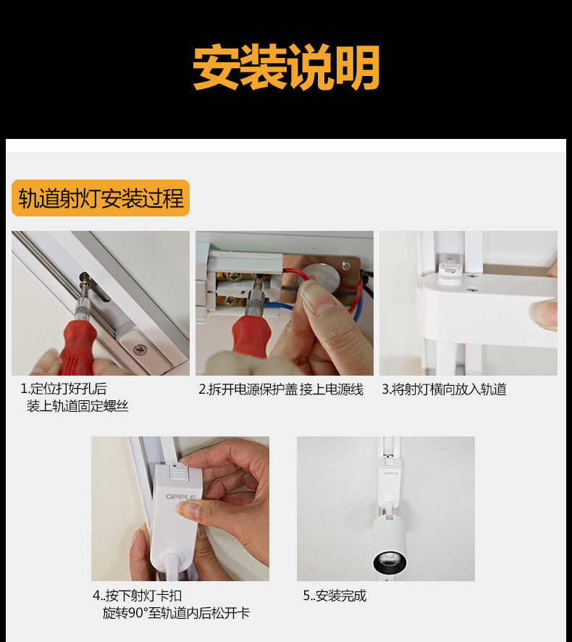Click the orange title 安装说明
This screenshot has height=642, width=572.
pyautogui.click(x=286, y=67)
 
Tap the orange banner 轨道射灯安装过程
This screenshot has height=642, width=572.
pyautogui.click(x=101, y=198)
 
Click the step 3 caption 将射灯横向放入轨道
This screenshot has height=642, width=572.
pyautogui.click(x=445, y=389)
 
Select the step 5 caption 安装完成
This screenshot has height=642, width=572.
pyautogui.click(x=335, y=596)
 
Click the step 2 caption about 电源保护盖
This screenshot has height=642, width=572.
pyautogui.click(x=281, y=389)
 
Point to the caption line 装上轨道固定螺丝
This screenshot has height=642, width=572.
pyautogui.click(x=77, y=406)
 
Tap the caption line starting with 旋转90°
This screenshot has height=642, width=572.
pyautogui.click(x=176, y=613)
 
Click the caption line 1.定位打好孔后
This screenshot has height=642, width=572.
pyautogui.click(x=64, y=388)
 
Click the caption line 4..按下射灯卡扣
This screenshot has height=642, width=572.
pyautogui.click(x=137, y=596)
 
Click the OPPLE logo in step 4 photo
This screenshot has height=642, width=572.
pyautogui.click(x=180, y=497)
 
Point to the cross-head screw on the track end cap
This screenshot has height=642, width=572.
pyautogui.click(x=140, y=350)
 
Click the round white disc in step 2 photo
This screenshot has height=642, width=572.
pyautogui.click(x=321, y=276)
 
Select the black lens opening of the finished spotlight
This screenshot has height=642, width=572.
pyautogui.click(x=390, y=562)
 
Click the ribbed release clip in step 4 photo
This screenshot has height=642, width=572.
pyautogui.click(x=177, y=474)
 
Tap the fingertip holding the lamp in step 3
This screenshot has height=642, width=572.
pyautogui.click(x=543, y=313)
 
